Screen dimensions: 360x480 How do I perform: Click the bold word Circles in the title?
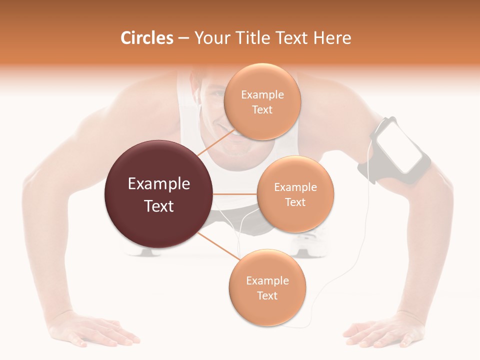pyautogui.click(x=147, y=38)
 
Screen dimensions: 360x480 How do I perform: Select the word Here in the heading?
pyautogui.click(x=332, y=38)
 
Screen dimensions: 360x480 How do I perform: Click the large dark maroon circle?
pyautogui.click(x=158, y=194)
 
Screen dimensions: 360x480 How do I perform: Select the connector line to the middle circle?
pyautogui.click(x=235, y=194)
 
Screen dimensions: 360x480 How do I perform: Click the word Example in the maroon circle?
pyautogui.click(x=158, y=184)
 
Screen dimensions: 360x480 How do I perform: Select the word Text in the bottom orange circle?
pyautogui.click(x=267, y=295)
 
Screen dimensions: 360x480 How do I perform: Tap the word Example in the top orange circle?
pyautogui.click(x=262, y=95)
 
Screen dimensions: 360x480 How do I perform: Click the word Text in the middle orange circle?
pyautogui.click(x=295, y=202)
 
